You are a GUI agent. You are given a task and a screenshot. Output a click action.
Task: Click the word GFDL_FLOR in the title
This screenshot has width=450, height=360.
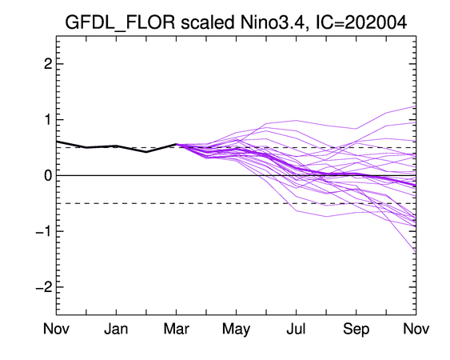120,22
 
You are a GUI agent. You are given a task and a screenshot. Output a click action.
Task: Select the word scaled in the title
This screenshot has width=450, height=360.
208,22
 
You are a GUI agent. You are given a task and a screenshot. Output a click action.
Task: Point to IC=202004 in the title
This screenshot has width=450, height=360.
361,22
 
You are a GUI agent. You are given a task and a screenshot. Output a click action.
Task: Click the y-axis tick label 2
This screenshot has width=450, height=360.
48,64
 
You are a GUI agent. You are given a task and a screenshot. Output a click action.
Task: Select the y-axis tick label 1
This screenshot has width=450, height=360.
48,119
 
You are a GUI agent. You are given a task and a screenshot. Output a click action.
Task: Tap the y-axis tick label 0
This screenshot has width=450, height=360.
48,175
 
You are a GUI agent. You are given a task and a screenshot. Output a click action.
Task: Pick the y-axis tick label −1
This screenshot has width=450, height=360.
44,231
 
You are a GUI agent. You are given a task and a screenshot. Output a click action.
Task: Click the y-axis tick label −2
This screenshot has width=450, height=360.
44,286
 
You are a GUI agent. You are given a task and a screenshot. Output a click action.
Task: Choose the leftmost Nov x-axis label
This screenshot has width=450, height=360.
56,329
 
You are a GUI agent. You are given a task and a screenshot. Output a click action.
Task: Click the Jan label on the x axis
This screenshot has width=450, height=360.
116,329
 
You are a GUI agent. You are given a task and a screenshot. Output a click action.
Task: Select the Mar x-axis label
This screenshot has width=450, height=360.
176,329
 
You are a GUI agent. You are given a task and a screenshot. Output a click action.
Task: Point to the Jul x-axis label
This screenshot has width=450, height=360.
297,329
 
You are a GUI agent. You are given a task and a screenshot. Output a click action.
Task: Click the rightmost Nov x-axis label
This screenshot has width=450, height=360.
416,329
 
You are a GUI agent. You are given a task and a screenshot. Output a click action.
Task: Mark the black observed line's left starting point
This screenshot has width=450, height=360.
57,142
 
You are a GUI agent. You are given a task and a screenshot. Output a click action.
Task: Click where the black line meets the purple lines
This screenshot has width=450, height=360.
176,144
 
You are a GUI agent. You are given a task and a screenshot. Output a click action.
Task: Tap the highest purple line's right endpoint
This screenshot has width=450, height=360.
416,106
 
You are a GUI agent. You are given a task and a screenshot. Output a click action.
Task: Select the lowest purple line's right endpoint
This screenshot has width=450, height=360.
416,252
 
